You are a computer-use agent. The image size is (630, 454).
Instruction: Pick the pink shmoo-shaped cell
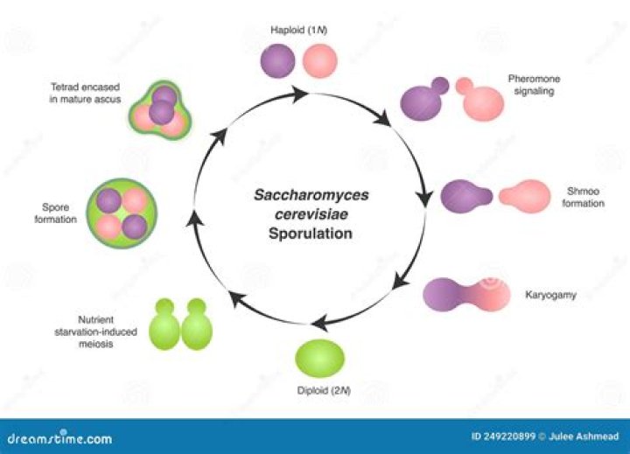coord(525,196)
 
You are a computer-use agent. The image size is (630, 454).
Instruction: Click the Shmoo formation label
coord(584,197)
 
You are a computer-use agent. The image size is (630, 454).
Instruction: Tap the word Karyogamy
coord(551,297)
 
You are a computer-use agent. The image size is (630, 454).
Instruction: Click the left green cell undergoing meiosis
coord(166,326)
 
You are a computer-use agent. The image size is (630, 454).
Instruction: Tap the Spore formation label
coord(57,213)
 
